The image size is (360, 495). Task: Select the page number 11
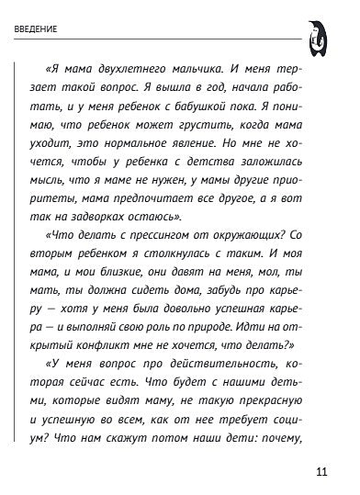coord(321,474)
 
